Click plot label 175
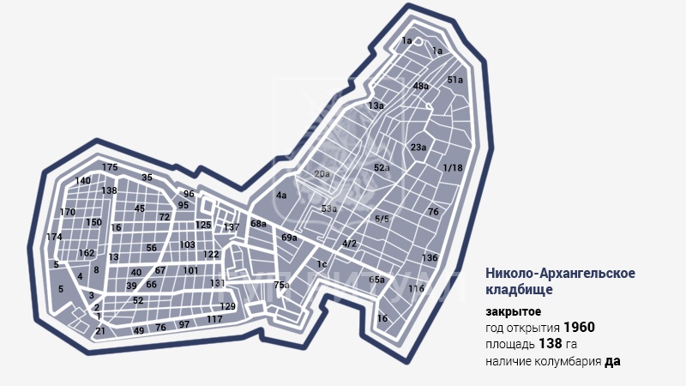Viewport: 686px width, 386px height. tap(109, 167)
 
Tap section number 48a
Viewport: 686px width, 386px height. tap(420, 87)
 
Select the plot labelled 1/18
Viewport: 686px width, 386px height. tap(453, 168)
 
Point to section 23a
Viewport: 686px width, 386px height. tap(418, 148)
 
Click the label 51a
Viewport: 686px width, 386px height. tap(455, 80)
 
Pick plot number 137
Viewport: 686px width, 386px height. tap(231, 227)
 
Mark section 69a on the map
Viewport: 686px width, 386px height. tap(289, 238)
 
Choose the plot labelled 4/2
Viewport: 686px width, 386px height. tap(349, 244)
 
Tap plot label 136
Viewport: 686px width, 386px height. tap(430, 257)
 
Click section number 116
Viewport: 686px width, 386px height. tap(417, 289)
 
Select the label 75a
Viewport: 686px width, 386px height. tap(281, 285)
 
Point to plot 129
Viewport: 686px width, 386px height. tap(227, 306)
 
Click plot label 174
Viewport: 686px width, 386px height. tap(54, 237)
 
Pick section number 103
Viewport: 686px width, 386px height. tap(188, 244)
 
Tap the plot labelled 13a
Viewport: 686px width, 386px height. tap(376, 106)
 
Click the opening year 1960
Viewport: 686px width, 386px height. tap(579, 328)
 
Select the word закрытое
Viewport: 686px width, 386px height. tap(513, 311)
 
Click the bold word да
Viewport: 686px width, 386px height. tap(612, 361)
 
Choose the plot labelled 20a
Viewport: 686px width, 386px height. tap(322, 174)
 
